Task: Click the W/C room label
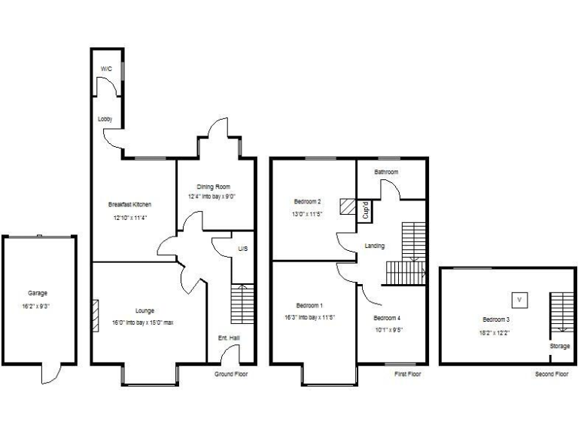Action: pos(106,69)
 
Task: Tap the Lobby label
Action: pos(105,119)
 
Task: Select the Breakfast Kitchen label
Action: pos(129,204)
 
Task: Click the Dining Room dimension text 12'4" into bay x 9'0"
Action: pos(213,197)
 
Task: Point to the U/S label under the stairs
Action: pos(242,249)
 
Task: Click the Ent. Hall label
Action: pos(229,338)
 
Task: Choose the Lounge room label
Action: pos(144,310)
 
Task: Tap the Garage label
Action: pos(38,293)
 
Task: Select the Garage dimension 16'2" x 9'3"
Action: pos(38,307)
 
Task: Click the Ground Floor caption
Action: pos(230,374)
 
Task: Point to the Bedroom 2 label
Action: pos(308,201)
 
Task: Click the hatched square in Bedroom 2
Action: pos(348,206)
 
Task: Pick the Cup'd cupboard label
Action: pos(366,209)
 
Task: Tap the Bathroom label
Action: pos(387,173)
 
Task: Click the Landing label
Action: pos(375,246)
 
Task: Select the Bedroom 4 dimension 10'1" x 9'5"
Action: pos(387,329)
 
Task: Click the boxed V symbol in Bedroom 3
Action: pos(519,300)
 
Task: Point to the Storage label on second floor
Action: pos(559,347)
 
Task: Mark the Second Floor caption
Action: pos(552,374)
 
